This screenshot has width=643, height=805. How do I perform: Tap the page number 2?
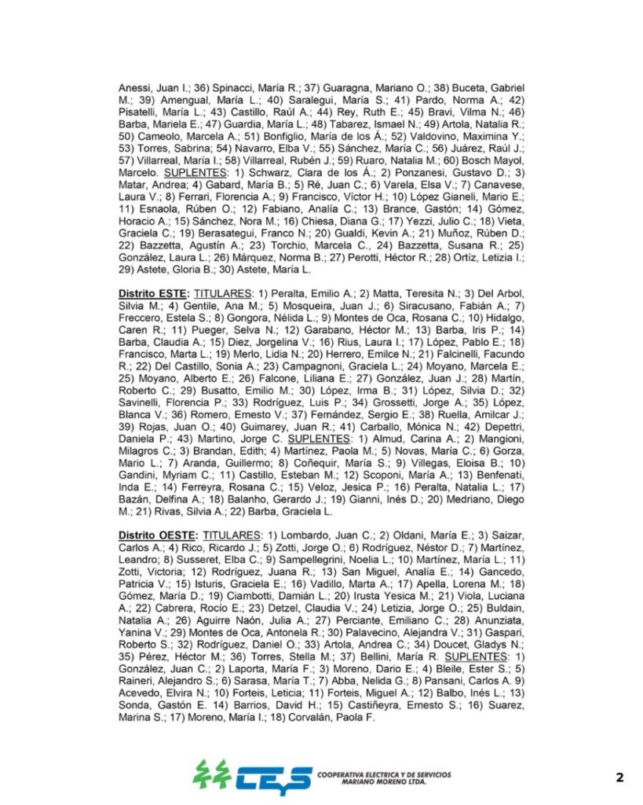coord(619,777)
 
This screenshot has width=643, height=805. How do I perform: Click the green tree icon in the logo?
coord(212,774)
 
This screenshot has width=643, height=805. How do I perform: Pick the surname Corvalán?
coord(313,718)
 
